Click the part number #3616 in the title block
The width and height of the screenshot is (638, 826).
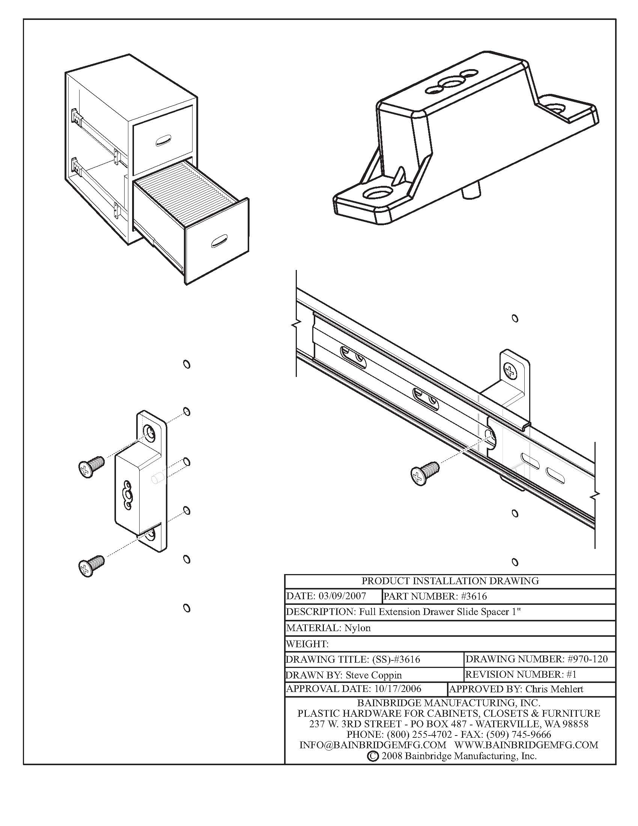pyautogui.click(x=474, y=597)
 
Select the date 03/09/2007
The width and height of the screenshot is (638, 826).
pyautogui.click(x=342, y=597)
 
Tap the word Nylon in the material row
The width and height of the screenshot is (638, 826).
pyautogui.click(x=357, y=628)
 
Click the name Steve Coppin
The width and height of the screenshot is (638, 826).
pyautogui.click(x=373, y=675)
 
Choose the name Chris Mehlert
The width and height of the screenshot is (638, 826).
pyautogui.click(x=554, y=689)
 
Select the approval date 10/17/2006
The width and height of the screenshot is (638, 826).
pyautogui.click(x=397, y=689)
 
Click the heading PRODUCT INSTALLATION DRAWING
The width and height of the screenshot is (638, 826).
pyautogui.click(x=450, y=580)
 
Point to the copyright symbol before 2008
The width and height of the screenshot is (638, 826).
pyautogui.click(x=372, y=756)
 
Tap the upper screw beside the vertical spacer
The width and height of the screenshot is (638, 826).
pyautogui.click(x=91, y=466)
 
